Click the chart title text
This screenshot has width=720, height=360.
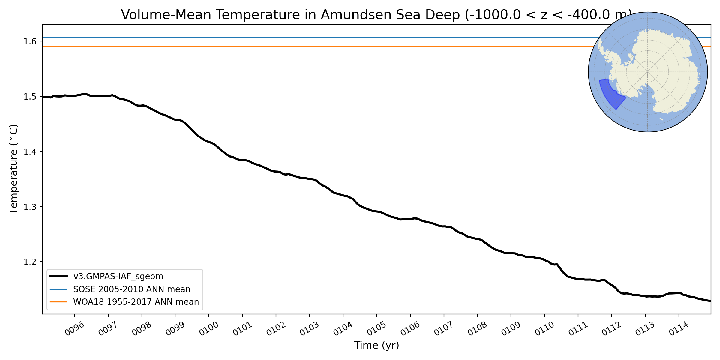(x=376, y=15)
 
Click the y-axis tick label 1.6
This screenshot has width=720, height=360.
(x=30, y=41)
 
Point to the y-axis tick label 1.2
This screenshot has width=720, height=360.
(x=30, y=262)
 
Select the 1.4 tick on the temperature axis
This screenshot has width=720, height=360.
(x=30, y=152)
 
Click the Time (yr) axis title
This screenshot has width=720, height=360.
(x=376, y=346)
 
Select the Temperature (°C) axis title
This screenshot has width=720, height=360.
(x=14, y=169)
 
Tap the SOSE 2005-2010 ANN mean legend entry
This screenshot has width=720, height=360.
(x=132, y=289)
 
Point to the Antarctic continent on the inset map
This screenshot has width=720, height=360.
(x=666, y=72)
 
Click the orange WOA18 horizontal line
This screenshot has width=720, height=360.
(x=300, y=46)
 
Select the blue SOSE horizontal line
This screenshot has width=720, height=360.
(x=300, y=38)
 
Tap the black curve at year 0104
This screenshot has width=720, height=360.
(x=343, y=196)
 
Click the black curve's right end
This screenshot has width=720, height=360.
(x=710, y=301)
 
